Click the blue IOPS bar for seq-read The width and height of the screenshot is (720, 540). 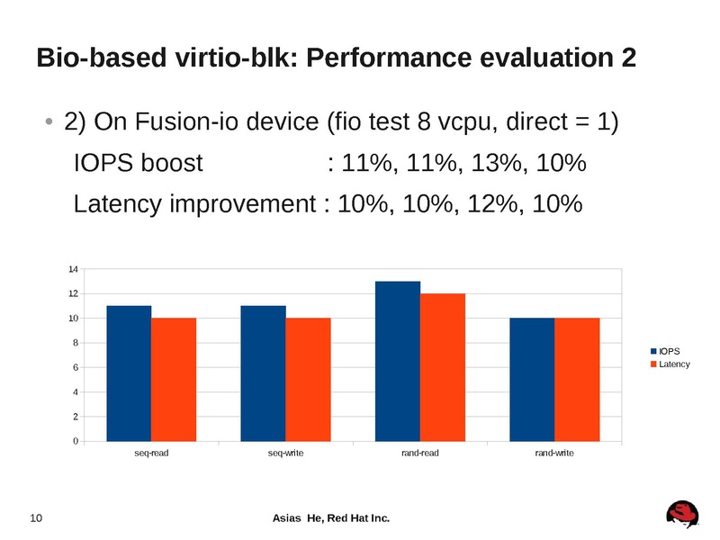click(x=129, y=373)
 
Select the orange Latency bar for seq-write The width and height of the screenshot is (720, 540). click(x=308, y=379)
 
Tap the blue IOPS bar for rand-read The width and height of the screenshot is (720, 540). click(x=398, y=361)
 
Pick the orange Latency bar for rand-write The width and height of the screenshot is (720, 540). click(x=577, y=379)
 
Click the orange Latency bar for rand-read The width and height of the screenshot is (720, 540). click(x=443, y=367)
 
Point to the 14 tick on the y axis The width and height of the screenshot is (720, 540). click(x=73, y=269)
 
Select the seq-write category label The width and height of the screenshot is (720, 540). click(x=285, y=454)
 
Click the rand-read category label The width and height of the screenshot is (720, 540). click(x=420, y=454)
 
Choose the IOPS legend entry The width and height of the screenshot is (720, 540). click(x=665, y=350)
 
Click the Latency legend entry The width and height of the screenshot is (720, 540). click(x=670, y=364)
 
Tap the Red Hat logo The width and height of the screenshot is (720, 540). click(x=683, y=514)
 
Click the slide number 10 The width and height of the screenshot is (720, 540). click(x=37, y=518)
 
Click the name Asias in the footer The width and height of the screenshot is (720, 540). click(x=287, y=518)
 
